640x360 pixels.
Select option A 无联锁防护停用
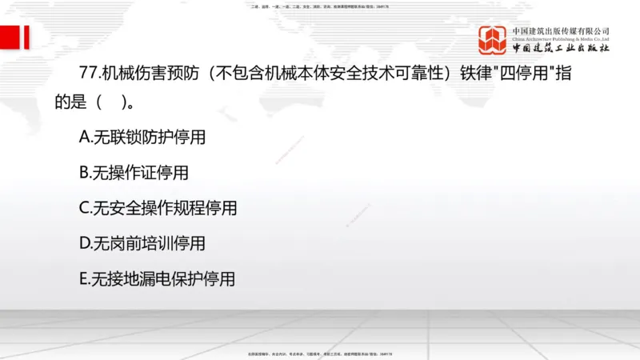(x=142, y=138)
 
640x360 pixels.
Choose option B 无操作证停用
(x=134, y=172)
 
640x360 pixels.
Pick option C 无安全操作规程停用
(x=158, y=208)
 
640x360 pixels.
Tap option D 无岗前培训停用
(x=142, y=243)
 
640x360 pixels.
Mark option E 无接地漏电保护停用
(x=158, y=278)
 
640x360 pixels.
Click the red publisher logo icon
(x=494, y=40)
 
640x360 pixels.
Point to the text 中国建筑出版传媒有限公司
(x=561, y=31)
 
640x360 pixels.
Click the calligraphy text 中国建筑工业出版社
(x=561, y=48)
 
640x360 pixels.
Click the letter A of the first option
(x=84, y=138)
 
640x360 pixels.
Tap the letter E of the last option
(x=83, y=278)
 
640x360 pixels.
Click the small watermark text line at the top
(x=320, y=6)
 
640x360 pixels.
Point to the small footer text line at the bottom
(x=320, y=353)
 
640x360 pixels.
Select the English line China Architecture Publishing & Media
(x=561, y=38)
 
